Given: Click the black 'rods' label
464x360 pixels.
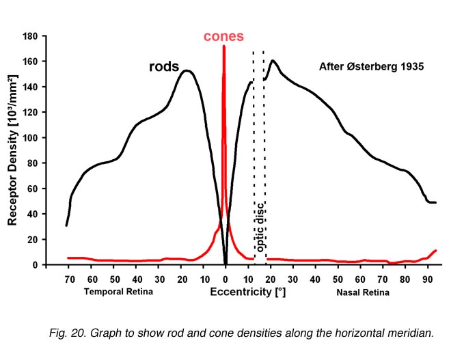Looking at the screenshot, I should [164, 67].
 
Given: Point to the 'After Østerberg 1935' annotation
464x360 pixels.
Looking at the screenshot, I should [372, 67].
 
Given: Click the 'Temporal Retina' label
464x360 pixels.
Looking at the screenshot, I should [118, 292].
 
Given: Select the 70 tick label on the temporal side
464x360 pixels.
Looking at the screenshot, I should [69, 279].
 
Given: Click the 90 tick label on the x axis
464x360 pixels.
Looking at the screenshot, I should [427, 279].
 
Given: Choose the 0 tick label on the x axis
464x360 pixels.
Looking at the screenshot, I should [226, 279].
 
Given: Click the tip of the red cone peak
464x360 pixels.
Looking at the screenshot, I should [224, 46].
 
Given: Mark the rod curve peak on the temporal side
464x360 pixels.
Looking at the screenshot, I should [187, 70].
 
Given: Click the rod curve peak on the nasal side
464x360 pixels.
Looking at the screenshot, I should [273, 61].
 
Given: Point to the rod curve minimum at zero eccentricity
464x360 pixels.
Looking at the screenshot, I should [226, 264].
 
